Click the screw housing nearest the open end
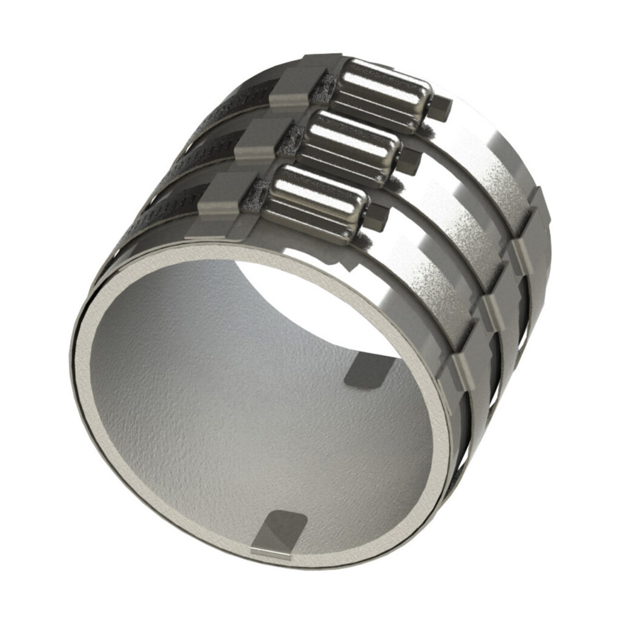[315, 203]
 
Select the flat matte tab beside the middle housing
[257, 143]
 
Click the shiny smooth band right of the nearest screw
[424, 272]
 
